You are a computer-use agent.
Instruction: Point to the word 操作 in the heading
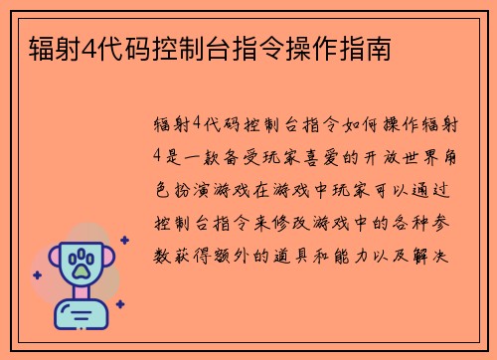click(x=313, y=47)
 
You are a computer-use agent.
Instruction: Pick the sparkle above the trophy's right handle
click(x=123, y=240)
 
